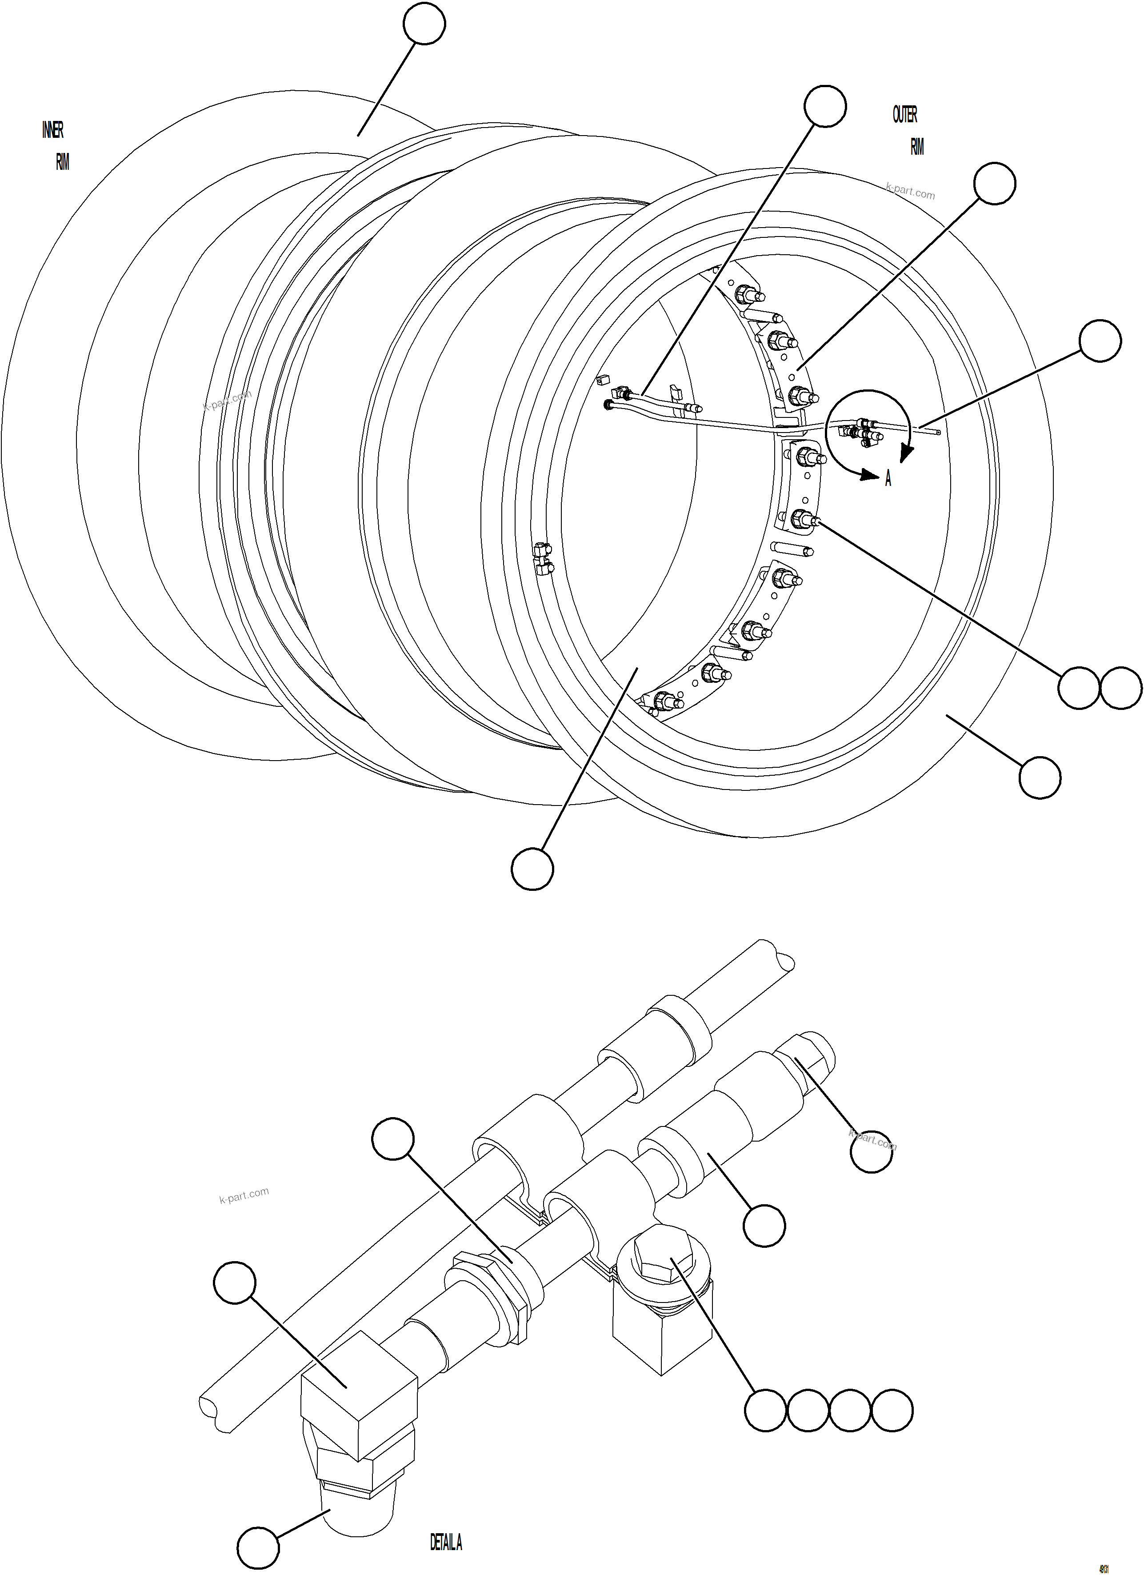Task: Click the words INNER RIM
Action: (56, 146)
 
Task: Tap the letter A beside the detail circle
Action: (888, 479)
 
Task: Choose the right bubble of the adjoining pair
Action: (1121, 688)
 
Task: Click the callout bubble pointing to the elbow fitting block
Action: (235, 1282)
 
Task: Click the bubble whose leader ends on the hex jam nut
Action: (393, 1139)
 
